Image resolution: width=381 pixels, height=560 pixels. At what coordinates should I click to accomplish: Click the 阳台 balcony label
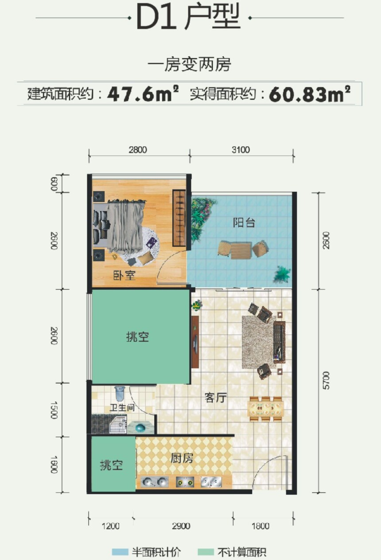coord(244,222)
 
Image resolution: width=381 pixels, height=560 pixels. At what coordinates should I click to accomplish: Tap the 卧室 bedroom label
coord(124,275)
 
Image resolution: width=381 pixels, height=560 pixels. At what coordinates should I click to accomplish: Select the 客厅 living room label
coord(216,398)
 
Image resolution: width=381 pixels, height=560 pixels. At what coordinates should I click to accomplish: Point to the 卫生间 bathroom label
coord(122,407)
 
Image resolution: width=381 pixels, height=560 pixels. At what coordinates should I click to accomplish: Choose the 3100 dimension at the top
coord(241,150)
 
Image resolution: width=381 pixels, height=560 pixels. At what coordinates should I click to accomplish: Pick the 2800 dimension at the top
coord(138,150)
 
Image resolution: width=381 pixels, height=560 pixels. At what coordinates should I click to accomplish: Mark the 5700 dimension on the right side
coord(326,380)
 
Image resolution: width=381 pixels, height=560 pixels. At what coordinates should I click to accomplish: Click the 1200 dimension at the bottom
coord(110,526)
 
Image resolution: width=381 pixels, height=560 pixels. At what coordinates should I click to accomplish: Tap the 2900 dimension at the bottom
coord(181,526)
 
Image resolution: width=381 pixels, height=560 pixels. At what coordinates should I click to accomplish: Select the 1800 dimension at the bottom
coord(260,526)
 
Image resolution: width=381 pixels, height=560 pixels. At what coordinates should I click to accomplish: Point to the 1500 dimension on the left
coord(54,410)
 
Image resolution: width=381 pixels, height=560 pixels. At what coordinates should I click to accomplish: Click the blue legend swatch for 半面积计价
coord(120,552)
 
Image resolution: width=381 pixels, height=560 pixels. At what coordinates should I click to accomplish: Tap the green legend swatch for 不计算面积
coord(206,552)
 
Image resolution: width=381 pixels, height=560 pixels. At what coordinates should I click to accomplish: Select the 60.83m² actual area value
coord(310,94)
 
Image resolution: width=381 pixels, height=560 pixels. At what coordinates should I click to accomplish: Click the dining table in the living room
coord(266,408)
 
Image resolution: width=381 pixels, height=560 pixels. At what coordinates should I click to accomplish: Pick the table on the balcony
coord(241,251)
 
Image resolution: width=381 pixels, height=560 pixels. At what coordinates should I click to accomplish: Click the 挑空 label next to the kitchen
coord(112,466)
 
